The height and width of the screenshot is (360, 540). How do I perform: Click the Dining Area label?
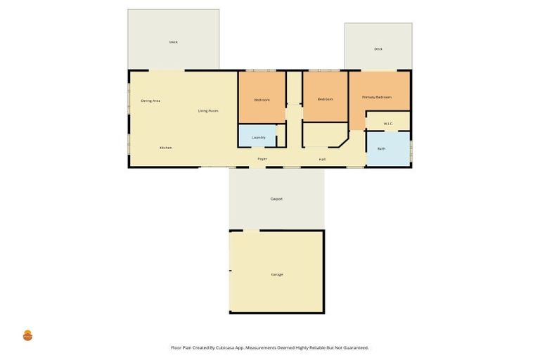coord(150,101)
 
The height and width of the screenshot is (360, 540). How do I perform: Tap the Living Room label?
coord(207,111)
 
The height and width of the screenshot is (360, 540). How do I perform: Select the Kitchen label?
coord(165,148)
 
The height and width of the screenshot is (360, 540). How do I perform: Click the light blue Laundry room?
coord(257,136)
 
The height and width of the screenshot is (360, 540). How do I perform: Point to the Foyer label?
coord(262,159)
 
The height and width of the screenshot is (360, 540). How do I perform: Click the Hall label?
coord(322,159)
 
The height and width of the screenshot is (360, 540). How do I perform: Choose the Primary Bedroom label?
coord(376,97)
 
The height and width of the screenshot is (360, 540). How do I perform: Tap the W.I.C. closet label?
coord(388,124)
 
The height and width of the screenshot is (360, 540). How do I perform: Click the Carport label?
coord(276,199)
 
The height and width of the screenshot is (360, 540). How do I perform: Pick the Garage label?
coord(276,274)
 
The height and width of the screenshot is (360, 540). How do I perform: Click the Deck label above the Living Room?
coord(173,42)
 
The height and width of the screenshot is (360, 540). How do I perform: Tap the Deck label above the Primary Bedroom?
coord(378,49)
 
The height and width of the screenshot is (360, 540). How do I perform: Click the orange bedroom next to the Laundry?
coord(262,99)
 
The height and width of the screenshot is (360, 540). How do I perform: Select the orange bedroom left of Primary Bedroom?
coord(325,99)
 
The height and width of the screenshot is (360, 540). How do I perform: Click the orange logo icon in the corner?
coord(28,335)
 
